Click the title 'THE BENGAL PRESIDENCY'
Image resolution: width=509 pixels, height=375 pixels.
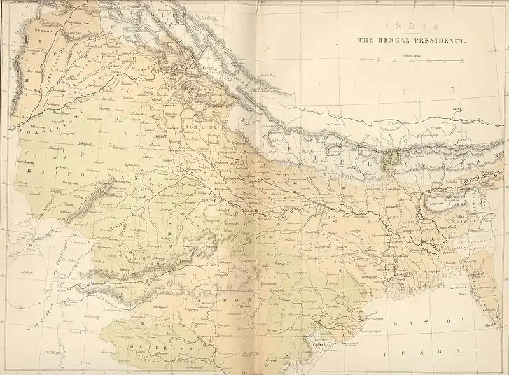[412, 40]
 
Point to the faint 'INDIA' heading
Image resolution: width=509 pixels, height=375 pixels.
[410, 26]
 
